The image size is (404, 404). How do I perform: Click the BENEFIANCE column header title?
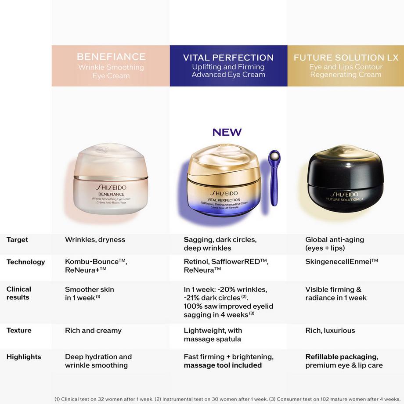(x=111, y=57)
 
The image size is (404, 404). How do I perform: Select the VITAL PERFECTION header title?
(x=228, y=58)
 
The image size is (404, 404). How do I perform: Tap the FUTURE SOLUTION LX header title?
(x=346, y=58)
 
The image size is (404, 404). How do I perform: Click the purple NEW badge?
(x=227, y=132)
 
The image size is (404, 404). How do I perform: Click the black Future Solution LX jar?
(x=345, y=180)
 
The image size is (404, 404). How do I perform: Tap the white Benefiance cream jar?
(x=110, y=180)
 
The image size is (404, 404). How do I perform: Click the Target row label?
(x=17, y=240)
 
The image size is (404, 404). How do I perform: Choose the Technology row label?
(x=25, y=262)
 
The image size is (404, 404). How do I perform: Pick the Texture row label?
(x=19, y=330)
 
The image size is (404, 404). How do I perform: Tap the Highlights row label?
(x=24, y=357)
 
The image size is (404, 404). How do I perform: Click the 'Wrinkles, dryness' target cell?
(x=95, y=240)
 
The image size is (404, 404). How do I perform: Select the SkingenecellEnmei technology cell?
(x=342, y=261)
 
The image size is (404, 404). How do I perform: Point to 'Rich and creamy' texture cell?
(x=93, y=330)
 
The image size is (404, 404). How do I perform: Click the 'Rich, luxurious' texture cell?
(x=330, y=330)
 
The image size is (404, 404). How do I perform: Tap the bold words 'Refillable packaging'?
(x=341, y=357)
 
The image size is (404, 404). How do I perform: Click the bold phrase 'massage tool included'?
(x=223, y=365)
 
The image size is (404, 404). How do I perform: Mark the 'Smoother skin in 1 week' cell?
(x=90, y=293)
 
